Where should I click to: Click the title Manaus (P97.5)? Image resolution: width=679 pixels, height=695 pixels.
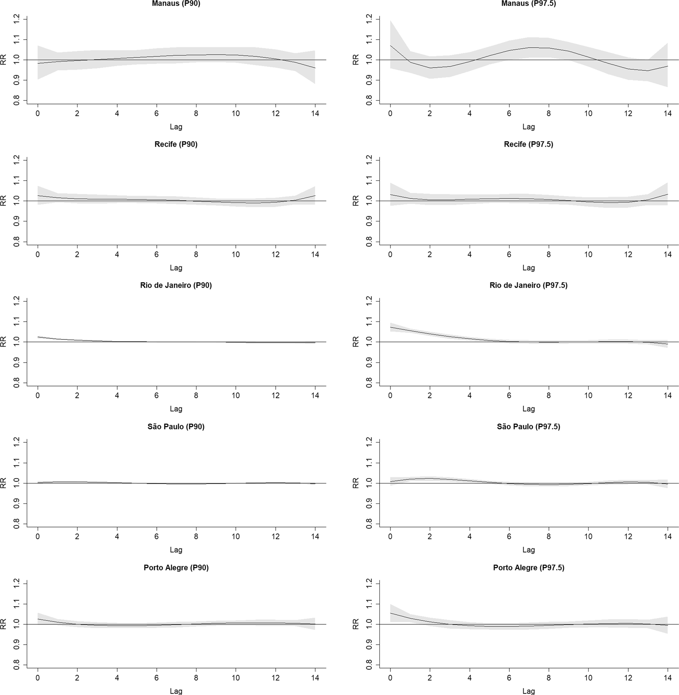528,3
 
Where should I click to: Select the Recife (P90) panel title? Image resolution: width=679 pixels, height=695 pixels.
176,144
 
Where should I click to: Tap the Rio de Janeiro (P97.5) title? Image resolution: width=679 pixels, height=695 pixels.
528,285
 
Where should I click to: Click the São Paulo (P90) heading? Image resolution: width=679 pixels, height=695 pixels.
176,427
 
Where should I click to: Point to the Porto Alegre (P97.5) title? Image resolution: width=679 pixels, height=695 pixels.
528,568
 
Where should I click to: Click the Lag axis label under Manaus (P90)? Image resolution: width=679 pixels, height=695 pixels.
176,127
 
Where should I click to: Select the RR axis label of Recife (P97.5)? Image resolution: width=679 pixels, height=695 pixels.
355,201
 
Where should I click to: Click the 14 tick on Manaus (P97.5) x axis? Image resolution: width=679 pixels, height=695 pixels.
667,114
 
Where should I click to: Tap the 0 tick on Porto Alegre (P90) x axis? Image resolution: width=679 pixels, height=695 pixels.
38,678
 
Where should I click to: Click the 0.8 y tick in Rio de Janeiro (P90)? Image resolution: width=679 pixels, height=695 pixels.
17,383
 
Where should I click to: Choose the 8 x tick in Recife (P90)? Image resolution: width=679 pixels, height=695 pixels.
196,255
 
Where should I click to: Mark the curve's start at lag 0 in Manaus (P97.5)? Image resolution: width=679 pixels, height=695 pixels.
390,45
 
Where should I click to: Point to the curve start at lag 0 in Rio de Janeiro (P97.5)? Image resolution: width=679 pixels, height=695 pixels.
390,327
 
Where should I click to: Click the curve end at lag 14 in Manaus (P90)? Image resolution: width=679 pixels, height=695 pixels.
315,68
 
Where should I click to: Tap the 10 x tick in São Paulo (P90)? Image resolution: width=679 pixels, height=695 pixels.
236,537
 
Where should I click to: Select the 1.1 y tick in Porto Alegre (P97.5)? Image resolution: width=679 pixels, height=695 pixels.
369,604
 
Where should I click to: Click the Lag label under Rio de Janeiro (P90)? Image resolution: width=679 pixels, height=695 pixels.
176,409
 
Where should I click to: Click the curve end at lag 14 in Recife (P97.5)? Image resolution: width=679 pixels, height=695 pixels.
667,194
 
